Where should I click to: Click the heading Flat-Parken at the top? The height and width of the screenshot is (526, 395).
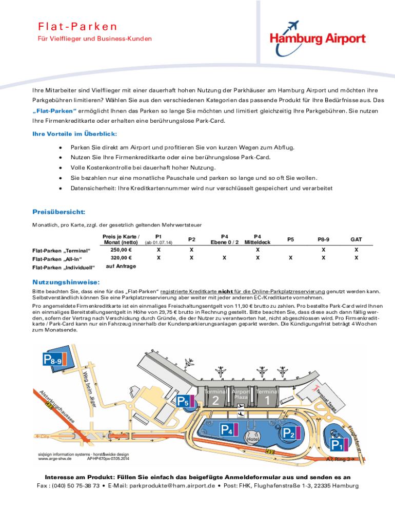pos(77,26)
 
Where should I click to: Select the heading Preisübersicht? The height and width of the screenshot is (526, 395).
pos(58,212)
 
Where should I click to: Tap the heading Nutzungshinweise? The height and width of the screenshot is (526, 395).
pos(66,283)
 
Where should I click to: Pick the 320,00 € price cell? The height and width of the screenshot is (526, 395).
pos(122,258)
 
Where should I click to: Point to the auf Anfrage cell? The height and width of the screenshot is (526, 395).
pos(121,267)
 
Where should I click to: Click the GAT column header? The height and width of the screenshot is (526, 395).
pos(356,239)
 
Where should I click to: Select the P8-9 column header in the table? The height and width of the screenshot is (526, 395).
pos(323,239)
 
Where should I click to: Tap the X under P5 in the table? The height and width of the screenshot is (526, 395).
pos(290,258)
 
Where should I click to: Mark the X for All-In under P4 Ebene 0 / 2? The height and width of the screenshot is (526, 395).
pos(224,258)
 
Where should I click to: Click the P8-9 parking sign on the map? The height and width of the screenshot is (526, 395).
pos(53,361)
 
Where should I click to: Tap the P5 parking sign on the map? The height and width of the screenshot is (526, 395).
pos(184,401)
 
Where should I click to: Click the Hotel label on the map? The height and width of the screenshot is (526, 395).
pos(251,440)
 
